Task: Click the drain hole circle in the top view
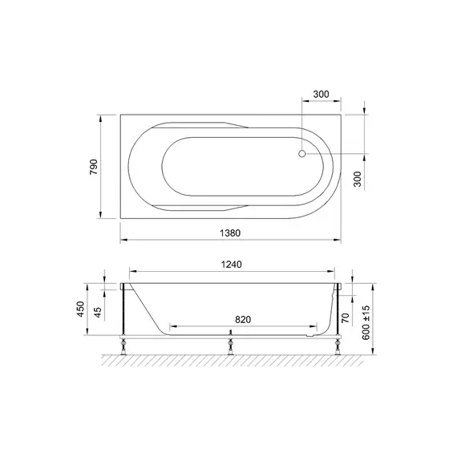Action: [x=302, y=154]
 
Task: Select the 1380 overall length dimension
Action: [x=230, y=233]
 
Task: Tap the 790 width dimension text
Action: [x=94, y=167]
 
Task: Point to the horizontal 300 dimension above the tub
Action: [x=321, y=94]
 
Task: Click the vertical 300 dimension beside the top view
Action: [x=358, y=179]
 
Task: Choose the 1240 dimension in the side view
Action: [x=232, y=265]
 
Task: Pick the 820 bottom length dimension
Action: [x=243, y=320]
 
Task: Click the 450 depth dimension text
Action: [x=80, y=309]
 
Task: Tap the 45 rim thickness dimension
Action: [x=98, y=313]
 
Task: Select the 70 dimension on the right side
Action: [x=346, y=317]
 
